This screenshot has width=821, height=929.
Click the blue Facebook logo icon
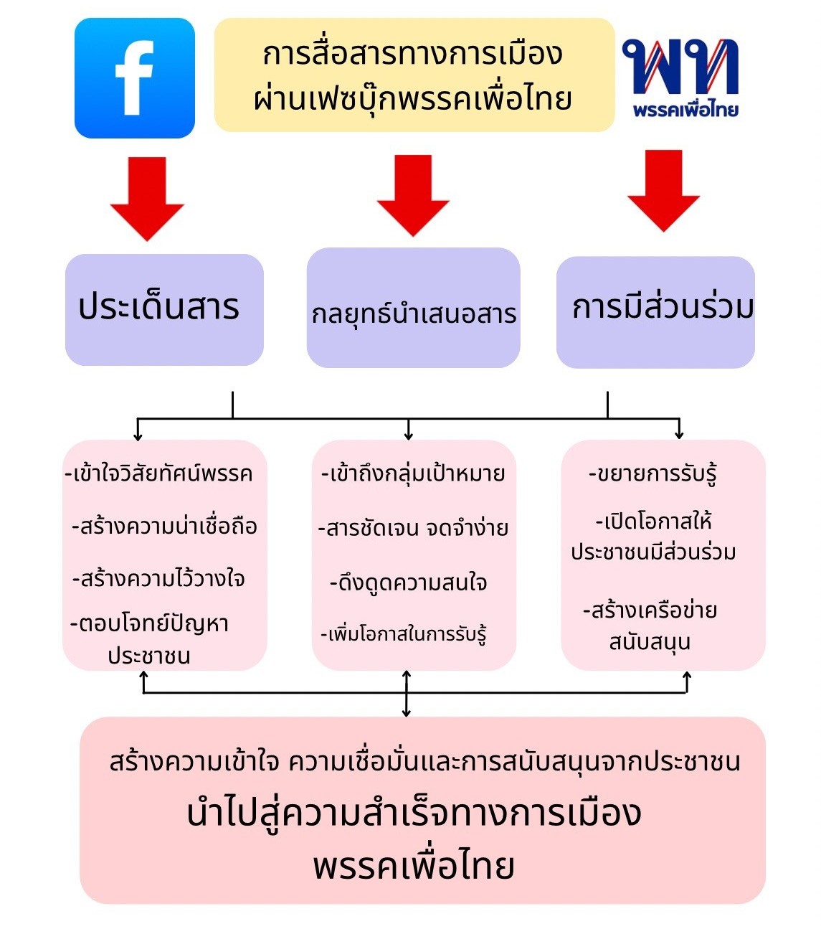coord(135,78)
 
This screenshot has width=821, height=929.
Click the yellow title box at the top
coord(414,75)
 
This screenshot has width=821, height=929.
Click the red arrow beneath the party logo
coord(663,191)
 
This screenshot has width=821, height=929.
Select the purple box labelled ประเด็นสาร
coord(163,309)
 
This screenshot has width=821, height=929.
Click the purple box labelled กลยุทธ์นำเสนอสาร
coord(413,309)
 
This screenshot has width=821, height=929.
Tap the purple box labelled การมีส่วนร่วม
coord(656,311)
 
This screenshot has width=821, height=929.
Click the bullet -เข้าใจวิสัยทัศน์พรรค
coord(158,474)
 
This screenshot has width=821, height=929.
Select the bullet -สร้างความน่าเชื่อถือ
coord(164,527)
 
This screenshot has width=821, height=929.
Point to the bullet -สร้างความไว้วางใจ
coord(158,578)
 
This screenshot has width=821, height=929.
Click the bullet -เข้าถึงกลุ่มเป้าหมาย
coord(413,474)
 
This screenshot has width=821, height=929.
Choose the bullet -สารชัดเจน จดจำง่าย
coord(413,529)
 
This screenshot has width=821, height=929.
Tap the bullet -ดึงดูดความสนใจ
coord(408,583)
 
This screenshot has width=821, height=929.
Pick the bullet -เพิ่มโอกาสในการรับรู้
coord(404,635)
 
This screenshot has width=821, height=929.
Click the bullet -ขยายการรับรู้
coord(652,474)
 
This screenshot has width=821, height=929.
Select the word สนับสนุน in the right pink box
coord(650,641)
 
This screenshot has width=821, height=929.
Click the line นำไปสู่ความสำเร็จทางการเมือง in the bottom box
coord(414,814)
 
